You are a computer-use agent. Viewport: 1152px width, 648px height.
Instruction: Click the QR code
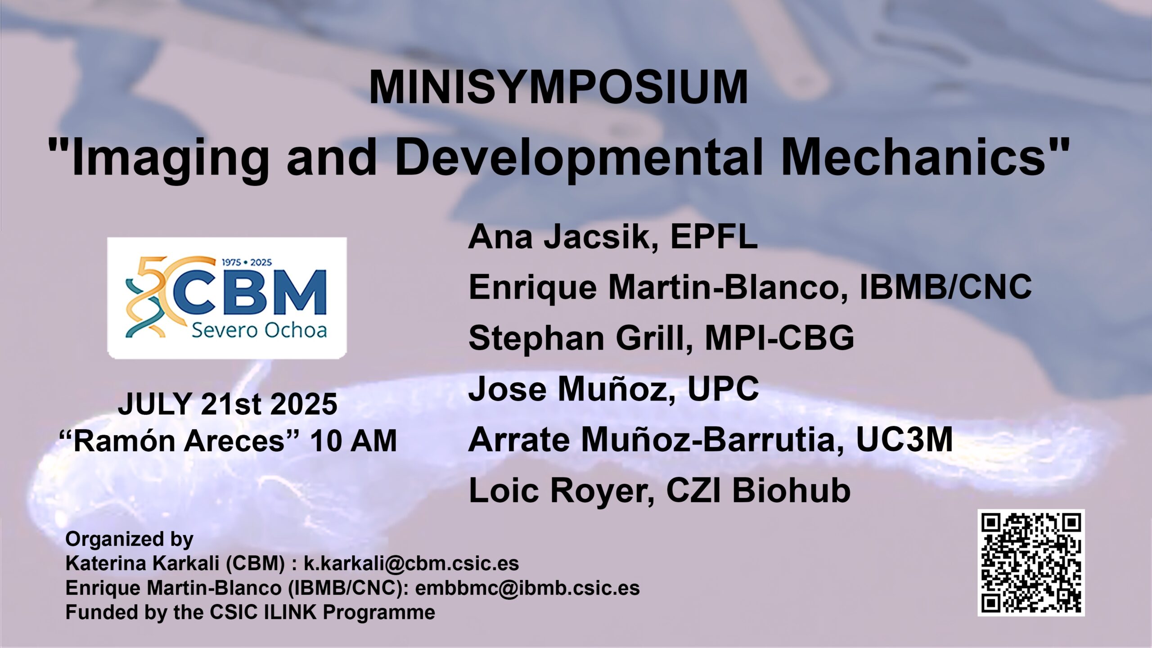point(1031,562)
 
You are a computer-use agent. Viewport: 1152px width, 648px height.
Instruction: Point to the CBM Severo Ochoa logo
point(227,298)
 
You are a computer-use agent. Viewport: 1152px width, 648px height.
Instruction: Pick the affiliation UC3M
point(904,439)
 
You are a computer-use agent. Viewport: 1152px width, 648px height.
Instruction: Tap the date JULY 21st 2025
point(228,404)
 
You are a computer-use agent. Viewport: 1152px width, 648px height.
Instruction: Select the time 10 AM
point(353,441)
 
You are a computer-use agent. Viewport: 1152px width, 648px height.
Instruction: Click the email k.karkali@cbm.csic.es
point(411,563)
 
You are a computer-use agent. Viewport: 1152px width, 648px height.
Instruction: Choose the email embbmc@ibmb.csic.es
point(527,588)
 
